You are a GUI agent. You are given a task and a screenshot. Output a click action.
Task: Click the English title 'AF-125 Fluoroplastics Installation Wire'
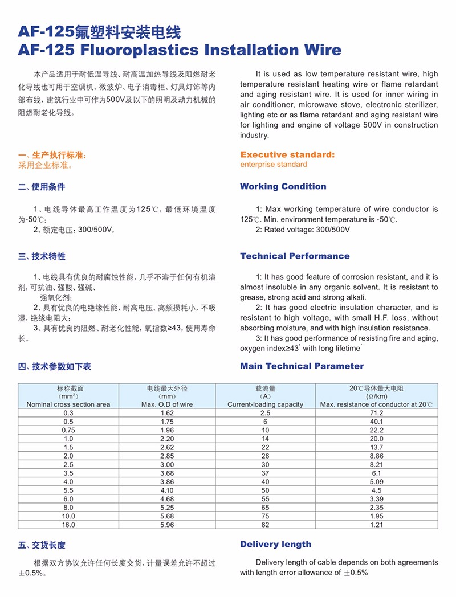tap(180, 50)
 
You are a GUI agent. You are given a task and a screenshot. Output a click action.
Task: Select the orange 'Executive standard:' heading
tap(287, 154)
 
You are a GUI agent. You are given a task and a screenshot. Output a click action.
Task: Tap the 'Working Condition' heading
tap(283, 186)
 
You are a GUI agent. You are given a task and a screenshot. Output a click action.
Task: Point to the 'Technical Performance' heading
tap(295, 256)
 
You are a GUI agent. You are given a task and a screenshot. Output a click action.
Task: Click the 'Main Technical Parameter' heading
tap(302, 366)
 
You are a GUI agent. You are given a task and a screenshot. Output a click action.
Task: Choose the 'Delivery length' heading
tap(275, 544)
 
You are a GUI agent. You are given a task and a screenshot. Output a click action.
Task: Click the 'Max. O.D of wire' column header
tap(167, 404)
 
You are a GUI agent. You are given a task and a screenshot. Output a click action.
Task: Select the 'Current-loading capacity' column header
tap(265, 404)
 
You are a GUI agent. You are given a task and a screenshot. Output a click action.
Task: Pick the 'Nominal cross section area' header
tap(68, 404)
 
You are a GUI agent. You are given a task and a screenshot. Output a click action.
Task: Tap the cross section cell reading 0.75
tap(68, 430)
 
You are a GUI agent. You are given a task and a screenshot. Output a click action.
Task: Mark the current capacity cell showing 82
tap(265, 524)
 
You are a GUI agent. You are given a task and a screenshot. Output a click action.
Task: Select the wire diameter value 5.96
tap(167, 524)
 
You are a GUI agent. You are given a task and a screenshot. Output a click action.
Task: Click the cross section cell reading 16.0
tap(68, 524)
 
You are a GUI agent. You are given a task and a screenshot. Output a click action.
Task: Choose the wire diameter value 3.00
tap(167, 465)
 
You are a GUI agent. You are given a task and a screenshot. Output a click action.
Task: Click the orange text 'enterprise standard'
tap(273, 165)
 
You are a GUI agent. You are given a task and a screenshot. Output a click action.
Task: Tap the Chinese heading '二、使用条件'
tap(42, 187)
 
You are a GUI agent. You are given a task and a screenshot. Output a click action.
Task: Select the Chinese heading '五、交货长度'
tap(42, 545)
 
